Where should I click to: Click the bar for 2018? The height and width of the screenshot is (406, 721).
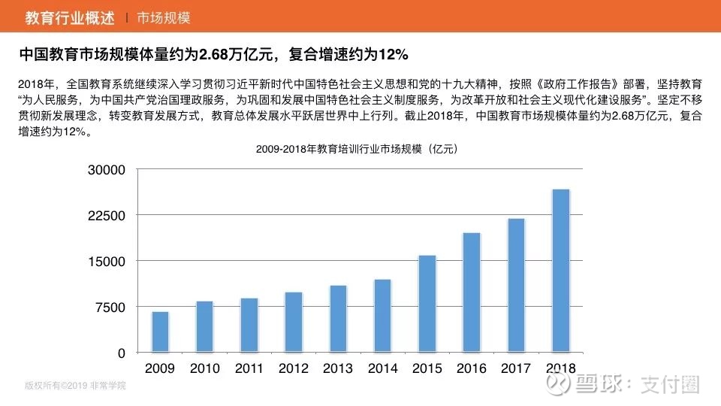pos(560,271)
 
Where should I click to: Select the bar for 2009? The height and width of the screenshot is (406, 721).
pos(160,332)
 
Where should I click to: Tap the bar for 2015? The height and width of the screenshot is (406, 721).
pos(427,304)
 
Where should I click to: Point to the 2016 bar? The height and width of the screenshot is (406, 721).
pos(471,292)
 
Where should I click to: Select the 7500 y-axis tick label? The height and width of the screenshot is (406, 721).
pos(113,307)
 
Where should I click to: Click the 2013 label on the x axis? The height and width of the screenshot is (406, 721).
pos(338,368)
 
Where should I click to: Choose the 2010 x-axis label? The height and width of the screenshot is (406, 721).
pos(204,368)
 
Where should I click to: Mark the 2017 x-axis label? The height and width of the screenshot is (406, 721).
pos(516,368)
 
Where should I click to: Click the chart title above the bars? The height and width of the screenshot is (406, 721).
pos(357,149)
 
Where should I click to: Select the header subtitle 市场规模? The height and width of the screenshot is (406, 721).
pos(163,17)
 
